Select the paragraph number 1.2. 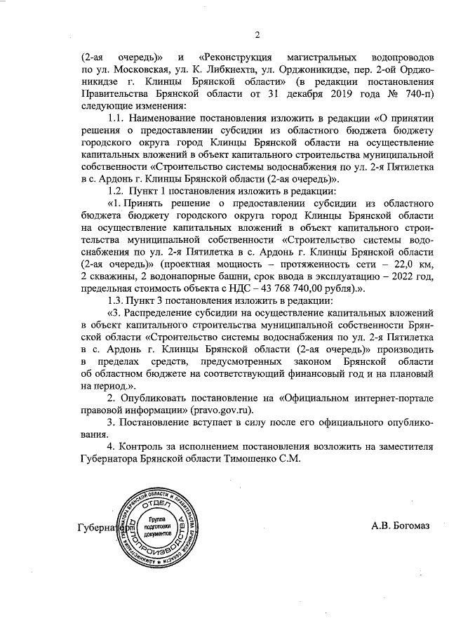click(x=116, y=191)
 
